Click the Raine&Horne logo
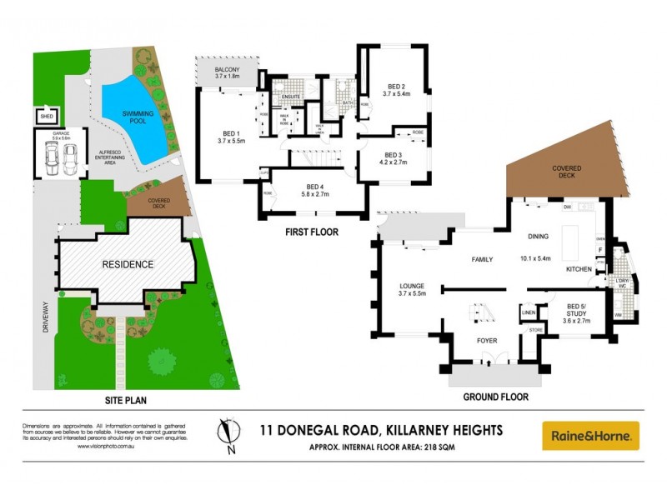[591, 436]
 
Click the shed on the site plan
[47, 117]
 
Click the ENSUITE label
[290, 97]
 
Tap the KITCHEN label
[579, 269]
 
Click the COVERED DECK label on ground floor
[566, 172]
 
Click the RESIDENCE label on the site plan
[128, 264]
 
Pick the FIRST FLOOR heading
[311, 232]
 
